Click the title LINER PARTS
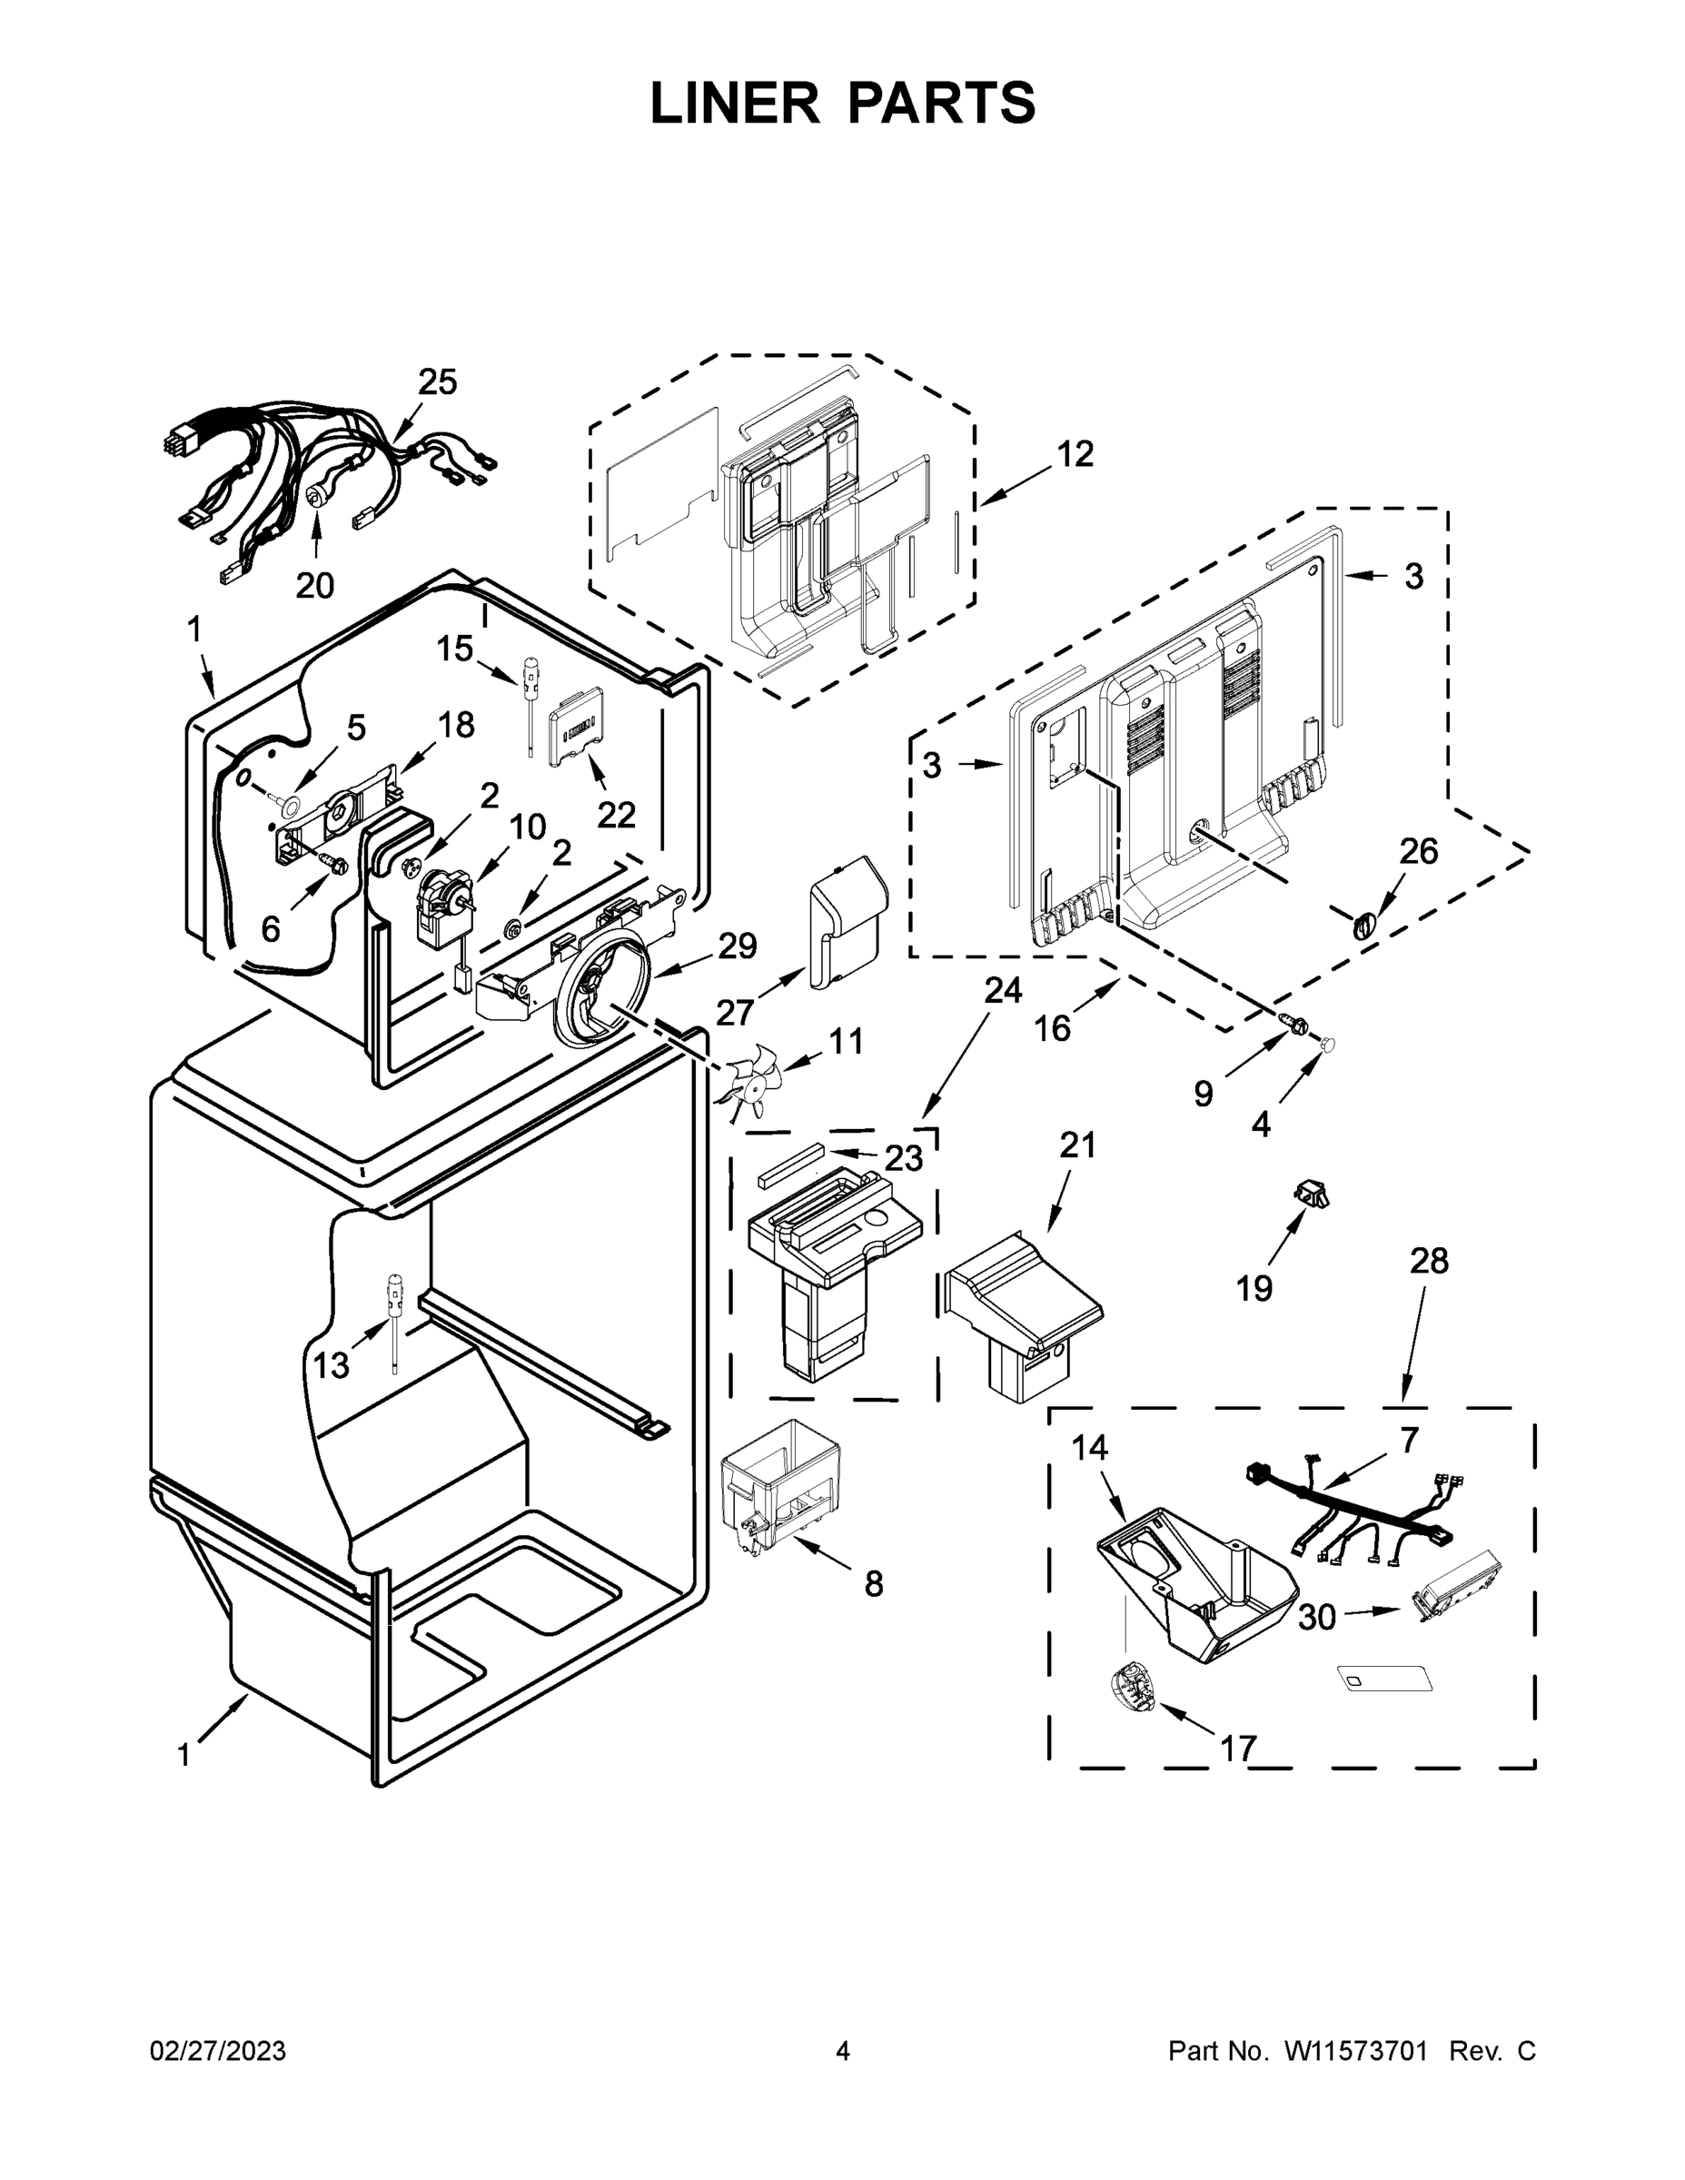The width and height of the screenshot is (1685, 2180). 843,103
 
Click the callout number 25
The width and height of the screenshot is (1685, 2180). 437,382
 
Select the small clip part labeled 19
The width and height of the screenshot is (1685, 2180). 1311,1193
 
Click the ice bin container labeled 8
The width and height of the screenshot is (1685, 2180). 779,1487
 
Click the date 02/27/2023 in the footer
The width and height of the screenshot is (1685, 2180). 218,2051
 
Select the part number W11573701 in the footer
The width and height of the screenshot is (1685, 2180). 1354,2051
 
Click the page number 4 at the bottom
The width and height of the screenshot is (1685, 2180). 843,2051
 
